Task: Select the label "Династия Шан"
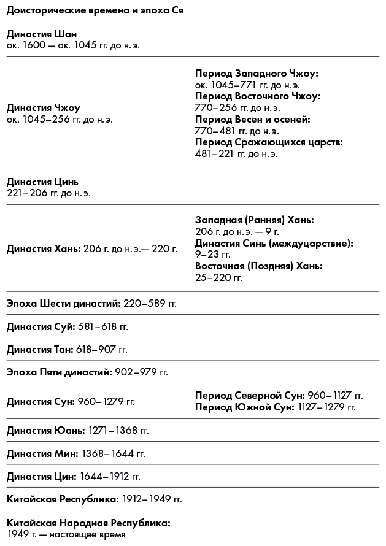(x=42, y=34)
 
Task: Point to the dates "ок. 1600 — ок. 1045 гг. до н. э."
(x=73, y=45)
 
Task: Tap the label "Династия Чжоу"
(x=44, y=109)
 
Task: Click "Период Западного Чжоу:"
(x=257, y=74)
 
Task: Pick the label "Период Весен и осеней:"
(x=253, y=120)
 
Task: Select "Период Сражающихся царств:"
(x=269, y=142)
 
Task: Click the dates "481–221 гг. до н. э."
(x=236, y=154)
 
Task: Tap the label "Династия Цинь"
(x=43, y=182)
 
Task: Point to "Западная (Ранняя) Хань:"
(x=255, y=220)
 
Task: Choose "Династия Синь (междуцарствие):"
(x=274, y=243)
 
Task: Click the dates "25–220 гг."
(x=218, y=277)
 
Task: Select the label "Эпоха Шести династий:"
(x=64, y=303)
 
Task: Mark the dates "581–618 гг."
(x=103, y=326)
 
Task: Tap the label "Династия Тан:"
(x=40, y=349)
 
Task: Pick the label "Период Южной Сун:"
(x=243, y=407)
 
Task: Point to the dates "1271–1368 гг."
(x=119, y=430)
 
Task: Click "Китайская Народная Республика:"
(x=88, y=523)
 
